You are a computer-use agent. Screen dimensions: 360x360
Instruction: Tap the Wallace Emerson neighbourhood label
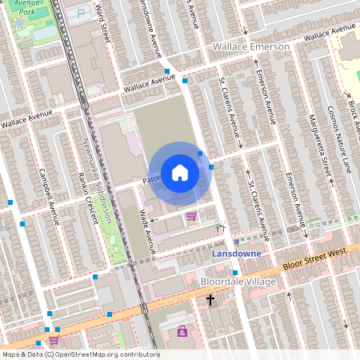click(x=250, y=48)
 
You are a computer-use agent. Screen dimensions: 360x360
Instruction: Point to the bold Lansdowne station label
click(x=239, y=253)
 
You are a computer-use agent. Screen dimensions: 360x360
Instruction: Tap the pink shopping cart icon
click(x=191, y=216)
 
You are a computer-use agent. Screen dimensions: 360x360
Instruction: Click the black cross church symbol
click(x=210, y=300)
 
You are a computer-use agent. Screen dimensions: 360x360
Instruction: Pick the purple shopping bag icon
click(x=182, y=331)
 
